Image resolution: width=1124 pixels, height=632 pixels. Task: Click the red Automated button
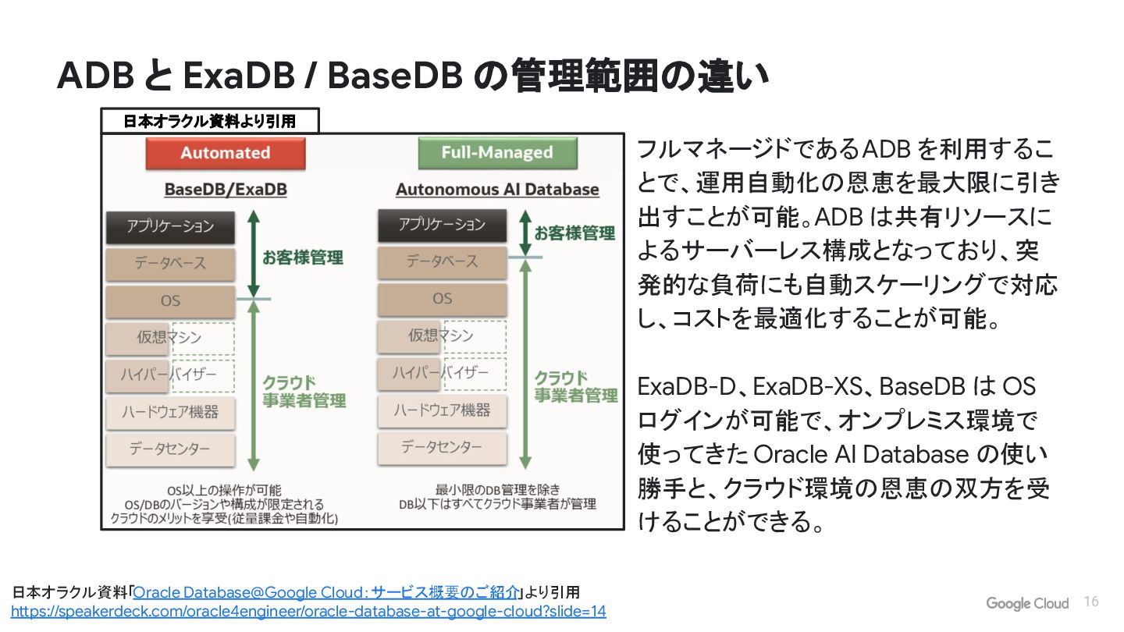coord(225,153)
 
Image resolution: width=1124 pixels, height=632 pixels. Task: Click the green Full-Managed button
coord(497,153)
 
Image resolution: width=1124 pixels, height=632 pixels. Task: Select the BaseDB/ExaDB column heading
coord(225,190)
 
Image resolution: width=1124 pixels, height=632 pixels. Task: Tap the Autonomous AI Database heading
coord(497,190)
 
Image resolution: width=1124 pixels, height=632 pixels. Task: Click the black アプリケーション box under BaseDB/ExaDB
coord(170,227)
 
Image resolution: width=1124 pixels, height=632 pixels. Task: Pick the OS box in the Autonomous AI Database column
coord(442,299)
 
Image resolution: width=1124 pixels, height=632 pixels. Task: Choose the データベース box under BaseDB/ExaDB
coord(170,264)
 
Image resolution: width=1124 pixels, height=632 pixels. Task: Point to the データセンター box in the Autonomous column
coord(442,448)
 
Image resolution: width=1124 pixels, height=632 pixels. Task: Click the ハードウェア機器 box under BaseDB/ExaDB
coord(170,412)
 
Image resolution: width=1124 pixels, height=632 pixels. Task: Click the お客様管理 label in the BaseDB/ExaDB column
coord(302,258)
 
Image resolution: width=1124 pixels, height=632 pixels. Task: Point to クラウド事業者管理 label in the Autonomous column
coord(575,387)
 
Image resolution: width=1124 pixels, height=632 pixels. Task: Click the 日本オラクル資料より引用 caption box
coord(210,121)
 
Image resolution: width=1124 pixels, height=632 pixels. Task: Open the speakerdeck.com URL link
coord(308,612)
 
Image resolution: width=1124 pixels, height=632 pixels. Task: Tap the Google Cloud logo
coord(1026,603)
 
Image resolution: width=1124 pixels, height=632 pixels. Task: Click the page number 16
coord(1091,602)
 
